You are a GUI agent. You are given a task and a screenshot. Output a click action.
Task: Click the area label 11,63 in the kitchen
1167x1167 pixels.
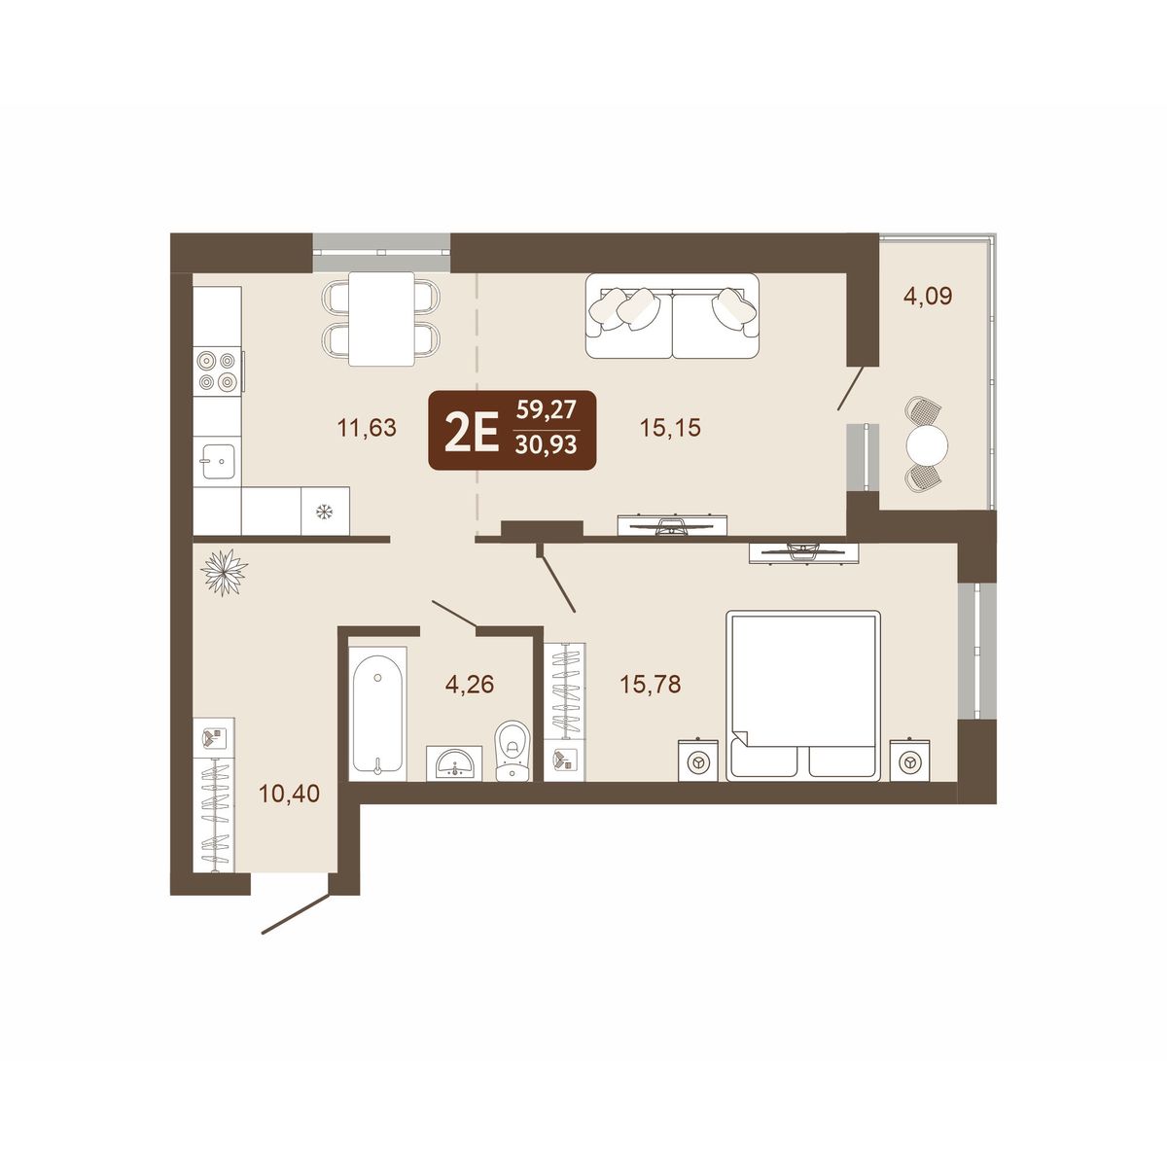tap(367, 428)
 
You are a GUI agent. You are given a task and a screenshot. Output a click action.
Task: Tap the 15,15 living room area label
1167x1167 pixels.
tap(670, 428)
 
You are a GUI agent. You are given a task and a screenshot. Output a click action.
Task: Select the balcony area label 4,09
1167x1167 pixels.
tap(928, 297)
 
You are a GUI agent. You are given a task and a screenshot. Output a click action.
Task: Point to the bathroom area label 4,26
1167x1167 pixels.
tap(469, 685)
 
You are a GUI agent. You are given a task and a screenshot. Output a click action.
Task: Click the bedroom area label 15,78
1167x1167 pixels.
tap(651, 685)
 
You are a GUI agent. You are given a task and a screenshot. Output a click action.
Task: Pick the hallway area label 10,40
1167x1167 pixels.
tap(289, 793)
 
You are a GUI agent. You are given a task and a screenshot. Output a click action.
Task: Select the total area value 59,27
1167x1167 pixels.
tap(547, 410)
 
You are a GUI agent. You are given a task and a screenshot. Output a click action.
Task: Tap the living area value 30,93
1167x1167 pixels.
tap(547, 445)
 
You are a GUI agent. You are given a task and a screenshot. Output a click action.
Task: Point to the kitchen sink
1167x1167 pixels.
tap(218, 461)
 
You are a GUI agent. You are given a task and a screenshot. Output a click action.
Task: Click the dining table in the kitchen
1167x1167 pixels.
tap(381, 319)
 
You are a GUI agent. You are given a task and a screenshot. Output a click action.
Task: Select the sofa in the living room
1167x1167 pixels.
tap(672, 315)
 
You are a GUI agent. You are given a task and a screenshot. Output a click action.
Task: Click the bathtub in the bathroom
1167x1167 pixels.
tap(377, 714)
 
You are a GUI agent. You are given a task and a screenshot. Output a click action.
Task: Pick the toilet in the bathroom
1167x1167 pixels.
tap(513, 750)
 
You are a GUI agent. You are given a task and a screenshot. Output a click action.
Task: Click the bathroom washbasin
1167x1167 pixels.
tap(454, 763)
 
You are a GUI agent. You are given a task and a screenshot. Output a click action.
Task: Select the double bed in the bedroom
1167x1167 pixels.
tap(803, 695)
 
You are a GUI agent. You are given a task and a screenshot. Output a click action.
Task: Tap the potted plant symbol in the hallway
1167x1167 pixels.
tap(224, 572)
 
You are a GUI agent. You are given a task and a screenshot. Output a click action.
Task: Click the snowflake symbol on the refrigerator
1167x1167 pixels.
tap(325, 512)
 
